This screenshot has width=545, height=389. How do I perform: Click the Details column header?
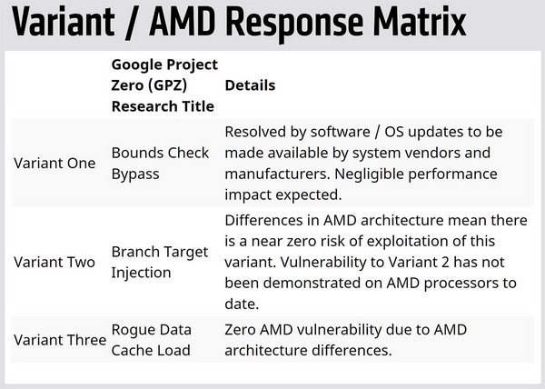point(250,85)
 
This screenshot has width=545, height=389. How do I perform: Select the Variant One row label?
point(54,163)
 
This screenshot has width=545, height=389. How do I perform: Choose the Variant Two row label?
point(54,262)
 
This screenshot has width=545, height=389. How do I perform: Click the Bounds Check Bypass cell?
point(160,163)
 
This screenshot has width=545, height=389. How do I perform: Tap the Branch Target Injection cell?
point(160,262)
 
